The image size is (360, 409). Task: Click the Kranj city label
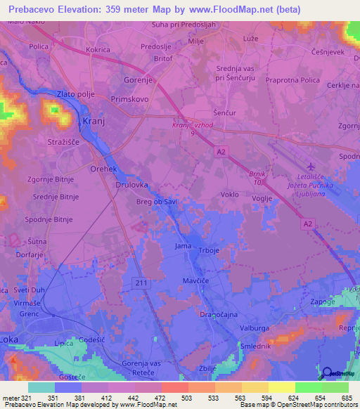coord(94,122)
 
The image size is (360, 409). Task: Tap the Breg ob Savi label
coord(155,202)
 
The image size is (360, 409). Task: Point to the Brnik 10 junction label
coord(259,176)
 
